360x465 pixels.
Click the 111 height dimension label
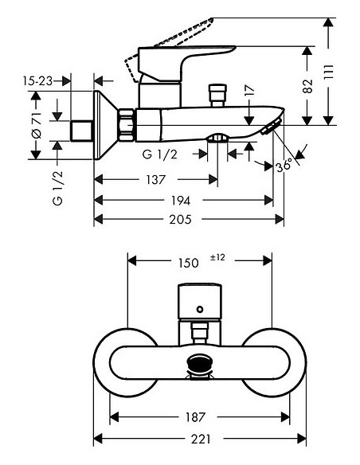coord(329,72)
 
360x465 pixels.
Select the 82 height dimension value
coord(307,86)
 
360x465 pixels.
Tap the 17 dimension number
coord(250,90)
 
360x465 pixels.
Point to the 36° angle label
coord(284,165)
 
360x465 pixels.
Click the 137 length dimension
coord(155,179)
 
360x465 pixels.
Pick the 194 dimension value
coord(180,201)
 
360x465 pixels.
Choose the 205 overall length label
coord(180,220)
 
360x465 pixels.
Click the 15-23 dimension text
coord(37,80)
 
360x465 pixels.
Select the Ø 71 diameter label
coord(37,126)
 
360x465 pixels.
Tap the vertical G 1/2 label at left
coord(57,188)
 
